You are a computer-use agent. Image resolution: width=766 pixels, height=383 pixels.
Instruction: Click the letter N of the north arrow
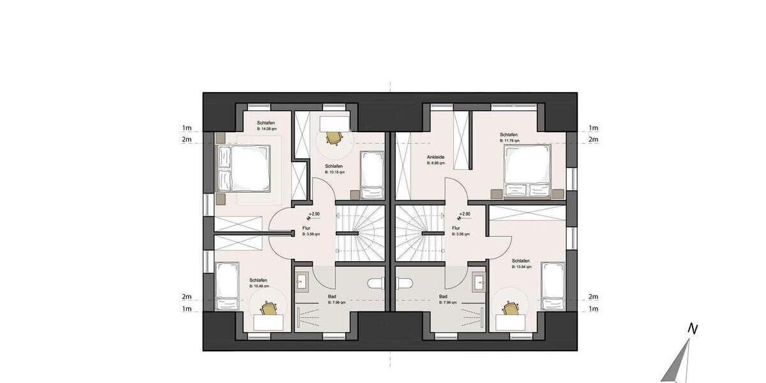(691, 329)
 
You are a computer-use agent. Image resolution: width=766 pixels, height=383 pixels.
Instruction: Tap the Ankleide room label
(435, 157)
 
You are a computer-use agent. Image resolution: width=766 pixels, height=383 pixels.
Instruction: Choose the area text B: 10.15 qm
(334, 172)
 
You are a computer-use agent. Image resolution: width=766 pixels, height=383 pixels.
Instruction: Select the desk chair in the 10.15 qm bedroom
(333, 137)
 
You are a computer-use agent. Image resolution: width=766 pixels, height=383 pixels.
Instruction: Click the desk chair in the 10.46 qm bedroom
(269, 309)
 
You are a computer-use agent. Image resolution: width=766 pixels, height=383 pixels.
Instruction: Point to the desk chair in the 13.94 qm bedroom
(510, 309)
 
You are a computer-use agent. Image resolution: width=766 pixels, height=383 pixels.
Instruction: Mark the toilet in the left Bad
(375, 283)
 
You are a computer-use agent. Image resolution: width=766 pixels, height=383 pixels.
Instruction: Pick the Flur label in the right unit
(456, 228)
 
